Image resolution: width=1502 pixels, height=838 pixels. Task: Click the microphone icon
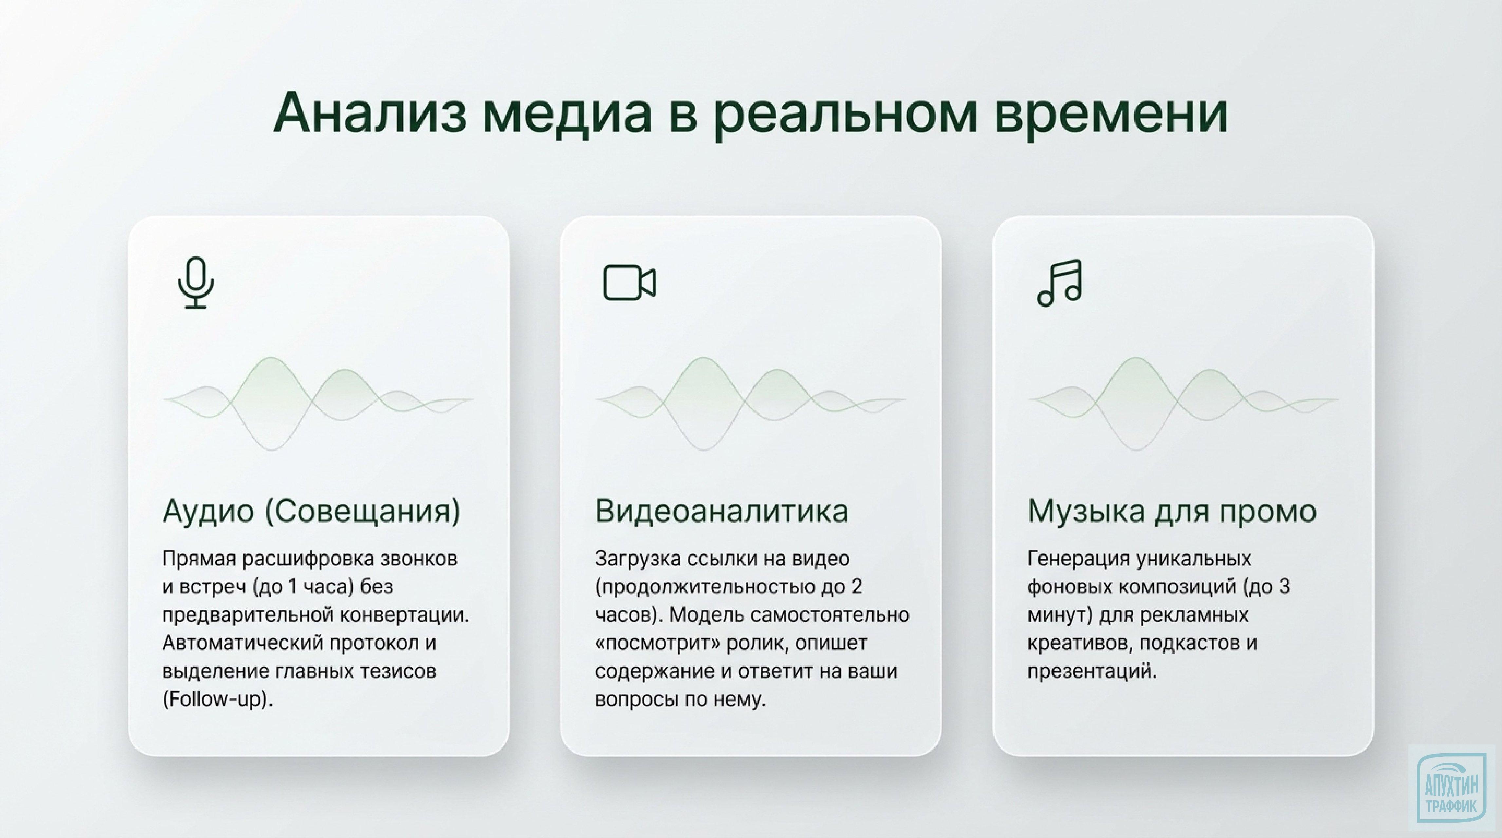(x=196, y=282)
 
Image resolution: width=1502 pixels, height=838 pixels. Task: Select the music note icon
(x=1060, y=282)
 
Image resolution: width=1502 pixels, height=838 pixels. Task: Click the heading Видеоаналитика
(x=721, y=511)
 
